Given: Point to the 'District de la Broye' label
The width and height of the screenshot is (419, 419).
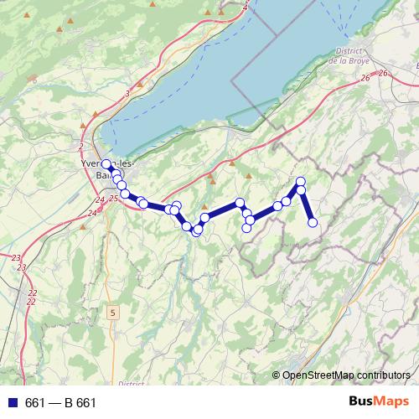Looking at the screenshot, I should [x=350, y=56].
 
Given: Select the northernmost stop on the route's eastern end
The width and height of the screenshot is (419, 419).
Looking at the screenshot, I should [x=301, y=182].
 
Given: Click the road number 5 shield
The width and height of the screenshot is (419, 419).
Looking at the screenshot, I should [x=112, y=312].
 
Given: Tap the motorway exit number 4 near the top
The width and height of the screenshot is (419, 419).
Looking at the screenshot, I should [x=246, y=8].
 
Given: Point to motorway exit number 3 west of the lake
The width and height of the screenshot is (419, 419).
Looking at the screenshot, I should [x=127, y=93].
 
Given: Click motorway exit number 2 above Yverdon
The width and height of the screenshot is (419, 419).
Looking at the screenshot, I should [x=80, y=146].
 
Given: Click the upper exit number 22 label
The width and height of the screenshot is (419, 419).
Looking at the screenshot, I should [x=33, y=292].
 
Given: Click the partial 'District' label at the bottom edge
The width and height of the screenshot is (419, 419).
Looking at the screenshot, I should [x=132, y=383].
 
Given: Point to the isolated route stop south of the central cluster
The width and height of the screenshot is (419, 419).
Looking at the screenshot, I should [x=247, y=228].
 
